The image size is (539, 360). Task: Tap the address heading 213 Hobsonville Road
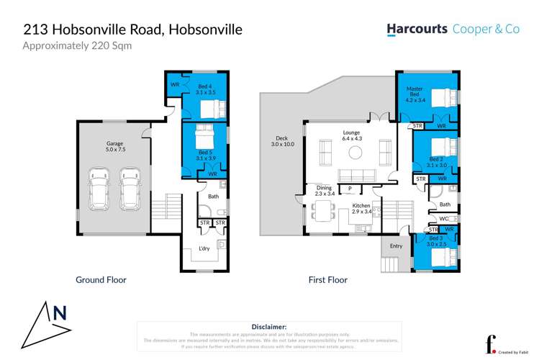[x=133, y=30]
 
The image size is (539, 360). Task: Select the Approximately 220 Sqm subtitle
[x=78, y=46]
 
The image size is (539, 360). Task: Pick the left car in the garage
[x=99, y=189]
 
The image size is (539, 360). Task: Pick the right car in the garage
[x=130, y=189]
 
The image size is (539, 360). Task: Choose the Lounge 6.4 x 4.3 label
[x=351, y=135]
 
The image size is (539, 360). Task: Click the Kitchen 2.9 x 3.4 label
[x=361, y=209]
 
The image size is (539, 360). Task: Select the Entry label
[x=396, y=246]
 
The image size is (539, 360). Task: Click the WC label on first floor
[x=443, y=218]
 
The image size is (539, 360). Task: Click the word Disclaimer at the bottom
[x=269, y=326]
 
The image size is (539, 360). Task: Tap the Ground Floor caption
[x=101, y=279]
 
